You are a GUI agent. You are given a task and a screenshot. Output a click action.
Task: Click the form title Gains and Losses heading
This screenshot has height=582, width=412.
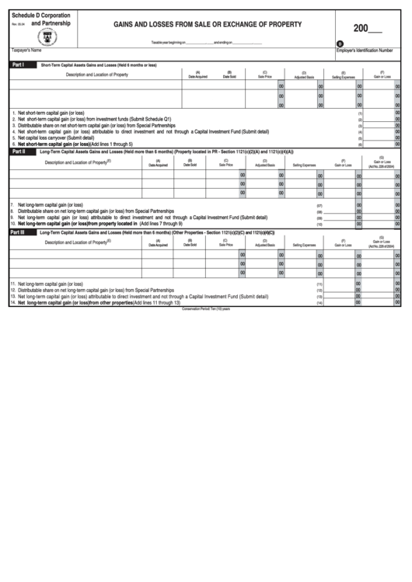coord(208,25)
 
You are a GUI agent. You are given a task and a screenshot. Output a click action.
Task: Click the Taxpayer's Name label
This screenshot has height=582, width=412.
coord(26,50)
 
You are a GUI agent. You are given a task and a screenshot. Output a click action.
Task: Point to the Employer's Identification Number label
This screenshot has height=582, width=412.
coord(364,50)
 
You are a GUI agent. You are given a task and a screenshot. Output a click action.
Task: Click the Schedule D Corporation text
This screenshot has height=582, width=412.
coord(40,16)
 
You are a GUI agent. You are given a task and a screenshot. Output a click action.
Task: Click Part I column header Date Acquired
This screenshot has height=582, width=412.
coord(197,76)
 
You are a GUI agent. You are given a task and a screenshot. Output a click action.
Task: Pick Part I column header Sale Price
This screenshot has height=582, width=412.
coord(264,76)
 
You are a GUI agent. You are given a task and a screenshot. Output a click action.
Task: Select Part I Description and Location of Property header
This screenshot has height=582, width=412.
coord(97,75)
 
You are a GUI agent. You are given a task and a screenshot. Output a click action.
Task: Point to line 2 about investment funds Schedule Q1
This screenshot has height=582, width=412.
coord(94,119)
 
